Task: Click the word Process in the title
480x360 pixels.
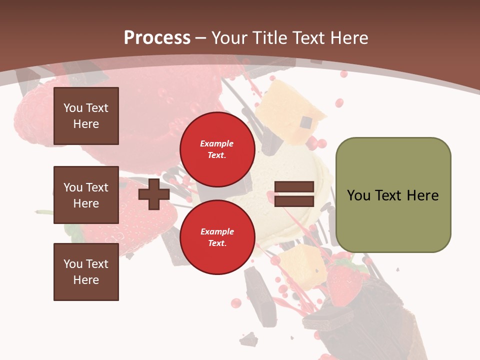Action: click(157, 37)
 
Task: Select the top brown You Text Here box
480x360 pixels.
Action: click(86, 116)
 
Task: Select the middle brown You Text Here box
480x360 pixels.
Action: click(86, 195)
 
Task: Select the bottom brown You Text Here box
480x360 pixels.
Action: click(86, 272)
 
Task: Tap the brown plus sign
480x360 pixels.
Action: click(154, 194)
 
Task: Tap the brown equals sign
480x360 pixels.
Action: click(294, 194)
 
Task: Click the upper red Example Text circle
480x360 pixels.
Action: click(217, 149)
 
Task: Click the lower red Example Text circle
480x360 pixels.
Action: click(217, 237)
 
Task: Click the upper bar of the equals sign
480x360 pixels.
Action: click(294, 187)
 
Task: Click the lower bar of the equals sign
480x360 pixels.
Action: click(294, 201)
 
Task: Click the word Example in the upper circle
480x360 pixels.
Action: click(217, 144)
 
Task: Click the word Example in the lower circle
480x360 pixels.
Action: click(217, 232)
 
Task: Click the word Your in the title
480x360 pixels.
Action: click(230, 38)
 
